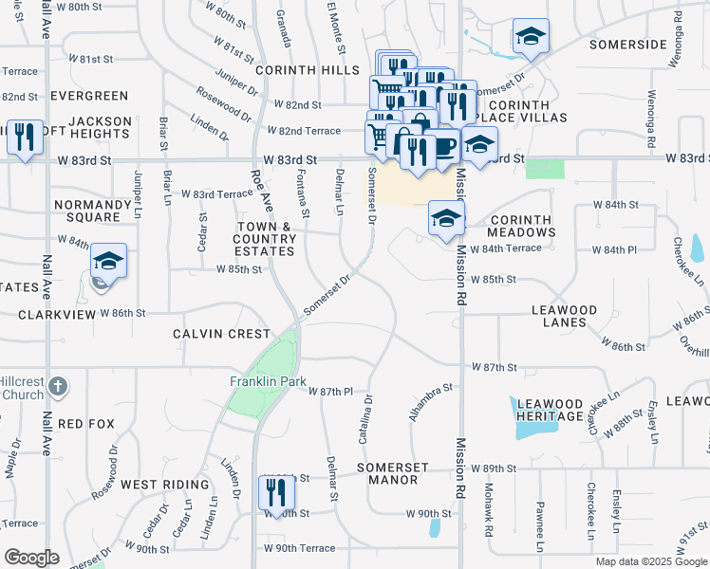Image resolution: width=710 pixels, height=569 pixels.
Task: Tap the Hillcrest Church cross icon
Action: pyautogui.click(x=58, y=387)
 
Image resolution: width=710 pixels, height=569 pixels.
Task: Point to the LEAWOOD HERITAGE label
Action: pyautogui.click(x=549, y=410)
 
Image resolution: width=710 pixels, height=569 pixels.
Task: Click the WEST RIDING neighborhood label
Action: pyautogui.click(x=165, y=485)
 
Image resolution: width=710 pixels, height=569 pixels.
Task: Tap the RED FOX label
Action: pyautogui.click(x=86, y=423)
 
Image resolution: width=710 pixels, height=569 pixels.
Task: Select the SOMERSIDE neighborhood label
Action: pyautogui.click(x=628, y=45)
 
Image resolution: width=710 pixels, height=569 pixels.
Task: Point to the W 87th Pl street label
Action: pyautogui.click(x=332, y=392)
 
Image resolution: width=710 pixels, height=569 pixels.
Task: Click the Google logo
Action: pyautogui.click(x=31, y=558)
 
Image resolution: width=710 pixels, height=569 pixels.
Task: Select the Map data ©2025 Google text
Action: pyautogui.click(x=650, y=561)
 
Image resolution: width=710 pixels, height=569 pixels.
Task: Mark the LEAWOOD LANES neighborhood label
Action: pyautogui.click(x=564, y=316)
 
